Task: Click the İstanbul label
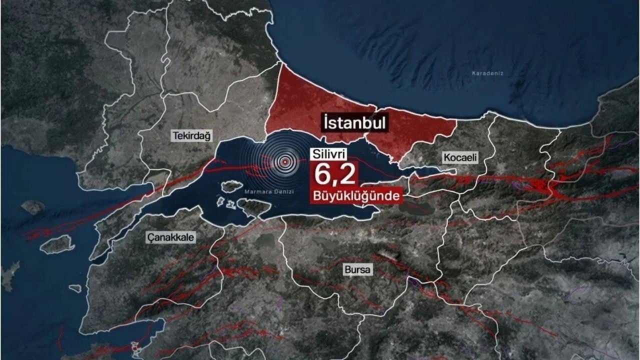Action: (355, 122)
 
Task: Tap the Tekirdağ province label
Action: (192, 135)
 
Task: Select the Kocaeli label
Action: (460, 157)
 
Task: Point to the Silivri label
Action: (329, 154)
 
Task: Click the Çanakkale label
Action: (171, 237)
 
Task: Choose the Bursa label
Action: (358, 270)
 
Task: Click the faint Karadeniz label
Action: (487, 73)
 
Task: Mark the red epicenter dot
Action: (285, 161)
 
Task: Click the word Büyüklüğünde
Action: (356, 195)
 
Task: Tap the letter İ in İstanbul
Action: (326, 122)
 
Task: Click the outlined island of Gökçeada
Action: (57, 244)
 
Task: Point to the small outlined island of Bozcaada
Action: (75, 288)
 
